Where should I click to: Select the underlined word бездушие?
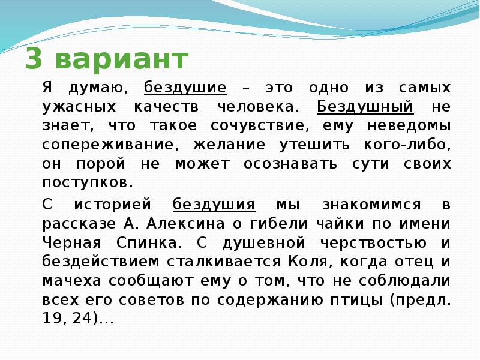click(185, 88)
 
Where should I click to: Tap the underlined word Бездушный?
click(365, 107)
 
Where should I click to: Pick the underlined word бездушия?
click(214, 205)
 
